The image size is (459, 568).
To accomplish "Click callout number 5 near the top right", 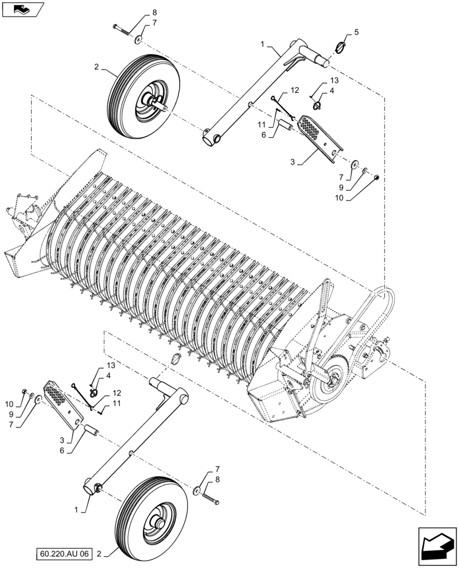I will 356,33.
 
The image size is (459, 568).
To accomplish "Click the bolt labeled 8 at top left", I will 122,28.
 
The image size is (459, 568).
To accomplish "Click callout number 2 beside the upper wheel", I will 97,67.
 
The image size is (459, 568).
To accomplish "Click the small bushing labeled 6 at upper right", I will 283,130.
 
